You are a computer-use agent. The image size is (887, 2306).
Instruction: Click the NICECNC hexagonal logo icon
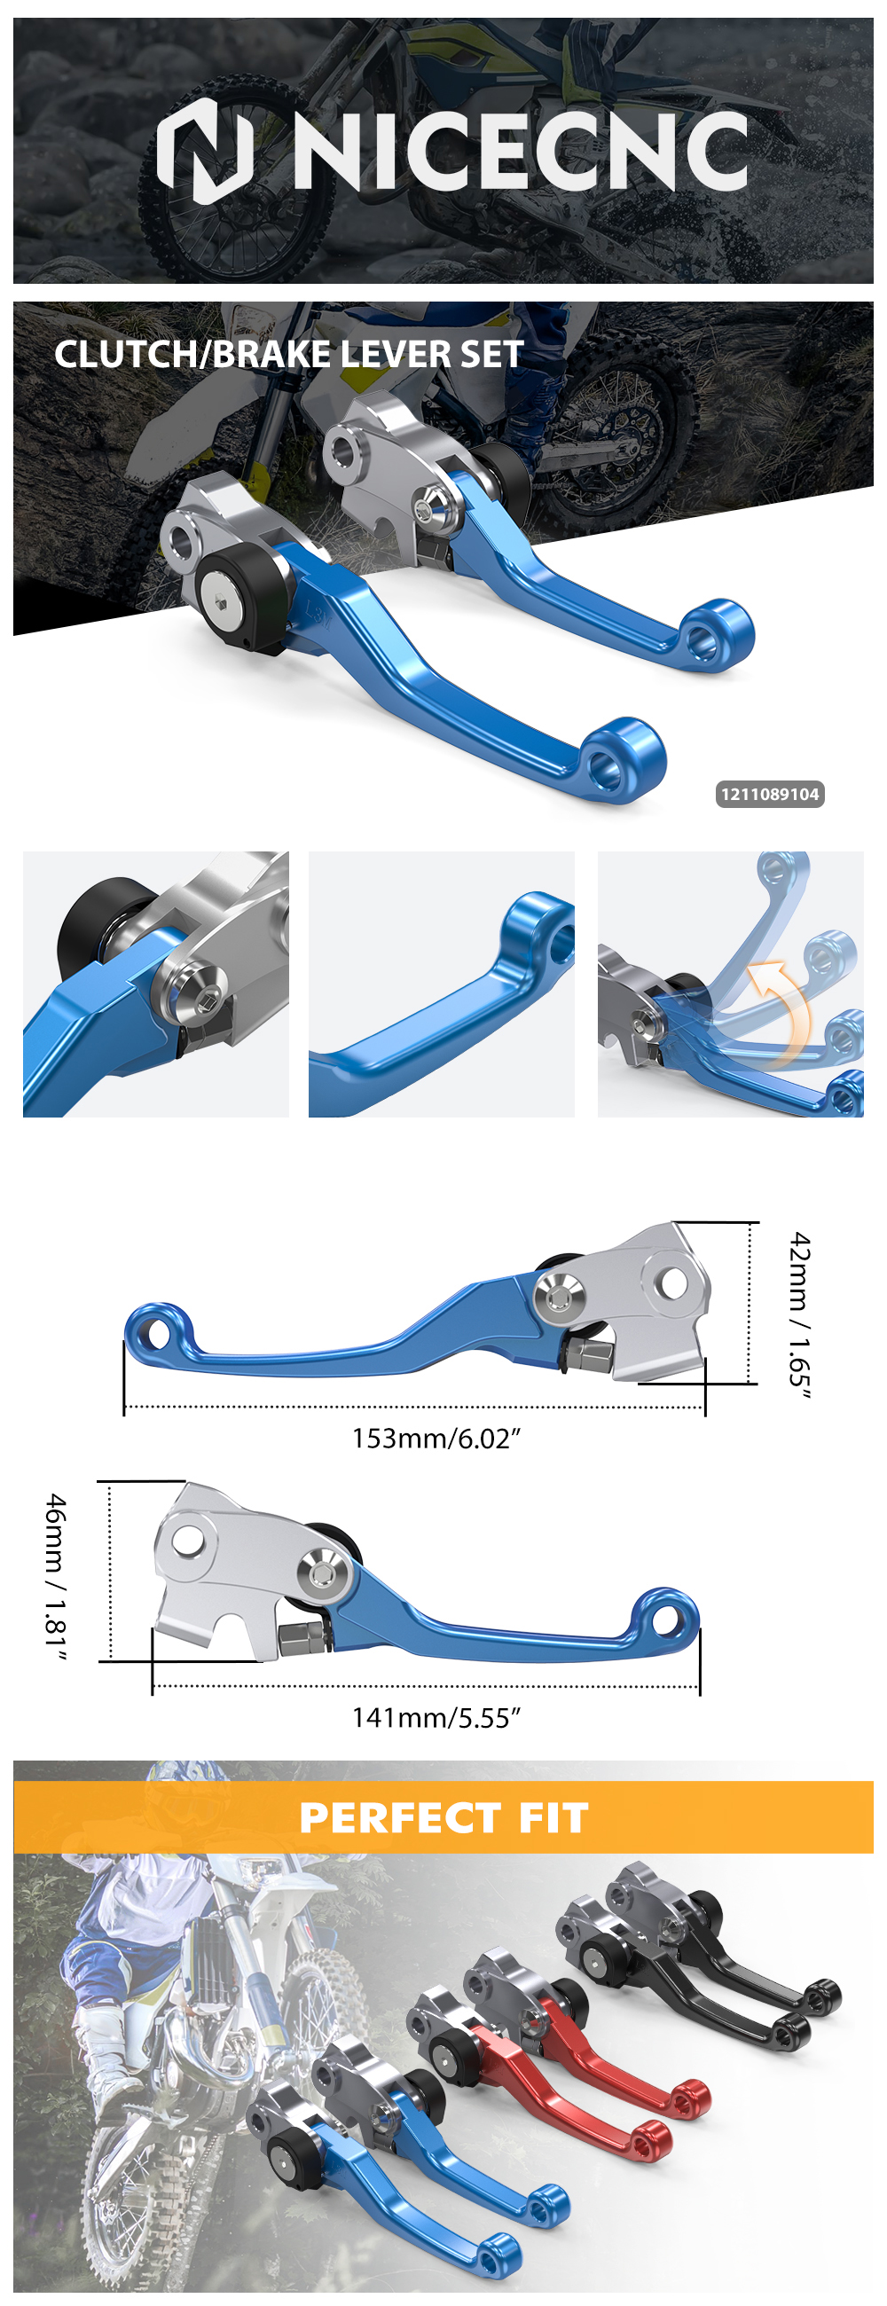(206, 151)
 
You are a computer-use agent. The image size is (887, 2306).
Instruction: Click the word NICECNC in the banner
(521, 152)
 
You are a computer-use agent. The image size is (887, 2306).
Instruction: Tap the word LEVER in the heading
(394, 355)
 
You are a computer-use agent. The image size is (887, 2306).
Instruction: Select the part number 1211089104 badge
(770, 794)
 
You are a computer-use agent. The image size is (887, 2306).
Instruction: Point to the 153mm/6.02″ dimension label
(436, 1439)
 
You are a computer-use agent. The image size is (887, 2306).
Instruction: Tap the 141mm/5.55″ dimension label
(436, 1718)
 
